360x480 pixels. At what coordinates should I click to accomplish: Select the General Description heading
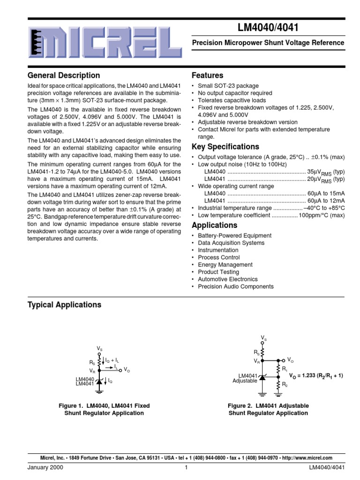point(64,75)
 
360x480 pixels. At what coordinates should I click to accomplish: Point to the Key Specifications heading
point(225,147)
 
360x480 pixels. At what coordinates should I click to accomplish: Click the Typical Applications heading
point(65,305)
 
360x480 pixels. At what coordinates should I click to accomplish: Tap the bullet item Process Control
point(218,257)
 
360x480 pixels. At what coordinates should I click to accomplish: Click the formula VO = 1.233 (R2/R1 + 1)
point(316,376)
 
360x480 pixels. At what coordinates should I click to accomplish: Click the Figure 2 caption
point(268,409)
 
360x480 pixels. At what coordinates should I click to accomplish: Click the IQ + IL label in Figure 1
point(112,360)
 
